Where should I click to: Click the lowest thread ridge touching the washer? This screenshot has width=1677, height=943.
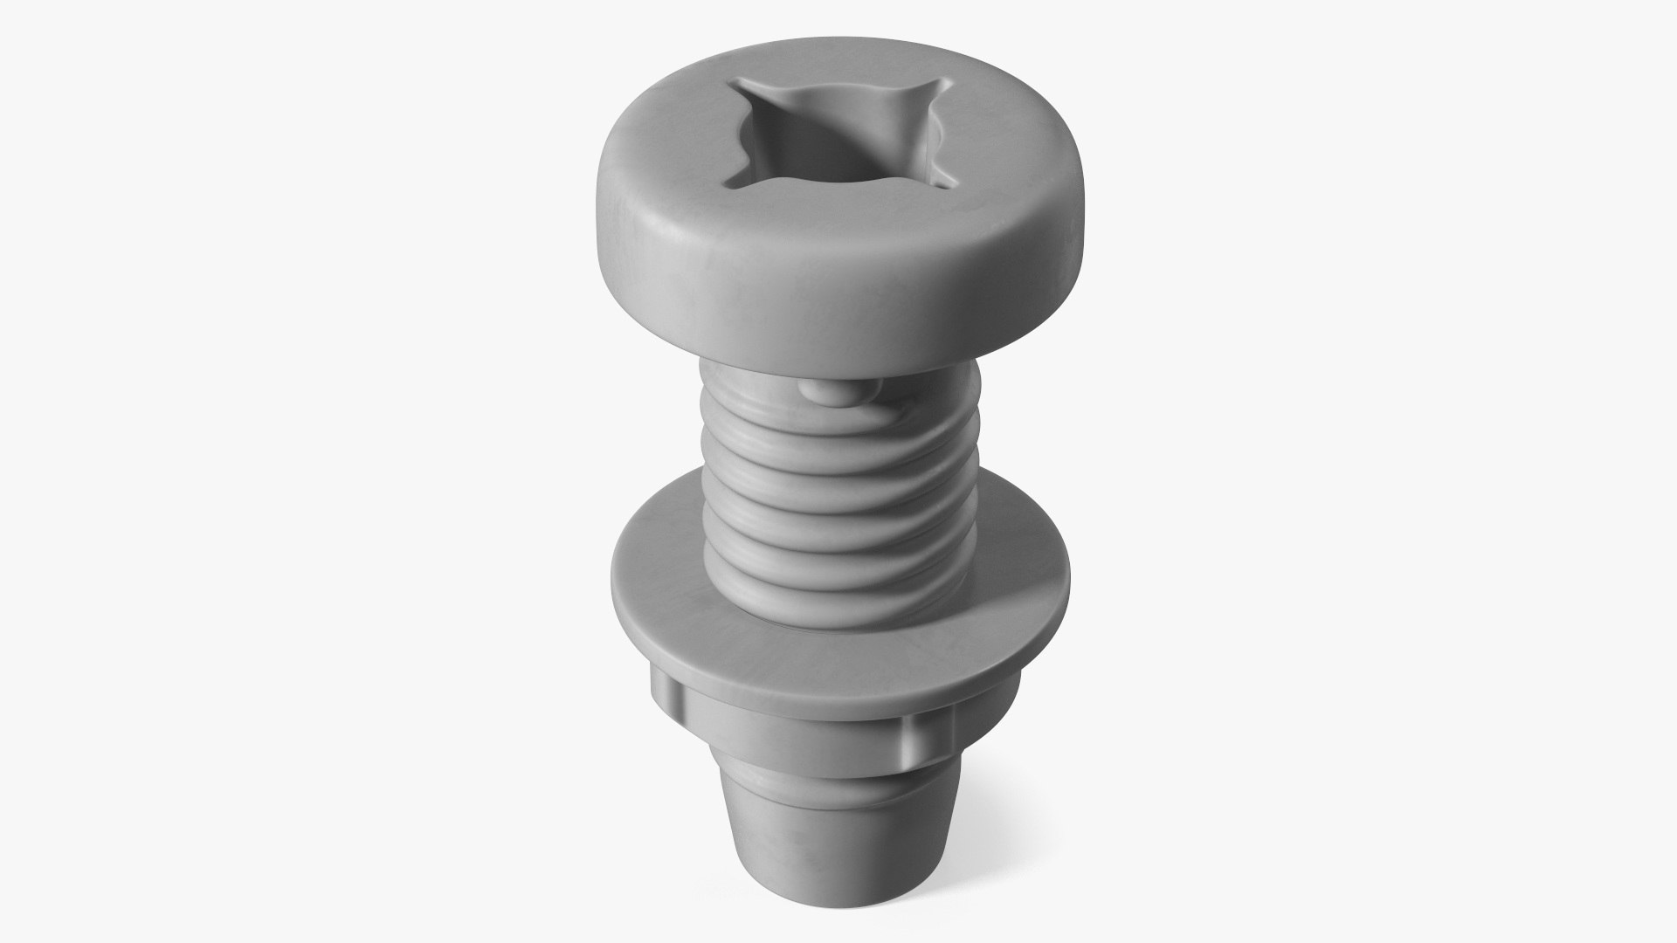point(838,611)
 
